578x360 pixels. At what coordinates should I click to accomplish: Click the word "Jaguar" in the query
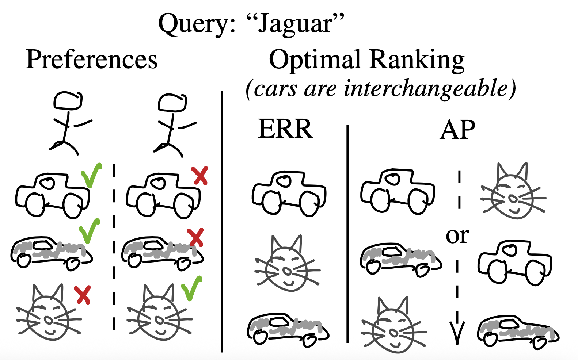click(295, 24)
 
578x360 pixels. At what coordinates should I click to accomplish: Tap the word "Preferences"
click(92, 60)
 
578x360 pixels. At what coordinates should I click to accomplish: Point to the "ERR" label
click(285, 129)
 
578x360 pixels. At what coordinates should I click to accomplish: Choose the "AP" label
click(457, 130)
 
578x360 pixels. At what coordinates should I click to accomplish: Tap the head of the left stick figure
click(68, 100)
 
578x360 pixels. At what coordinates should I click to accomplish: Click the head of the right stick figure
click(172, 102)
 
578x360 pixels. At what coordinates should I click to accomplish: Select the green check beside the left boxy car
click(91, 175)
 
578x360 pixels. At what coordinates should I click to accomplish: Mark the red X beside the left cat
click(83, 295)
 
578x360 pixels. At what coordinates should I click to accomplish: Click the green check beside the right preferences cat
click(191, 288)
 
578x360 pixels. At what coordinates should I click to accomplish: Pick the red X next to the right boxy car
click(200, 176)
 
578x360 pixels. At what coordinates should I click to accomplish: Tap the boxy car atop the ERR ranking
click(289, 194)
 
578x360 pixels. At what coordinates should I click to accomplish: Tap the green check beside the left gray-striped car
click(89, 231)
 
